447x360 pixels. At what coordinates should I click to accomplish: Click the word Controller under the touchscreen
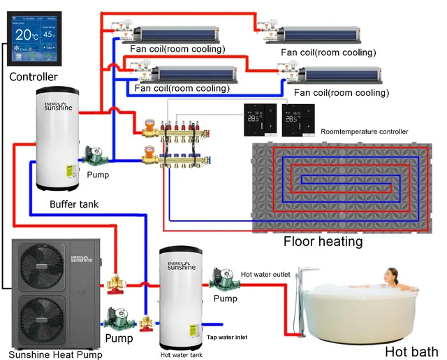pos(34,76)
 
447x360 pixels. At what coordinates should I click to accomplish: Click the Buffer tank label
pos(74,204)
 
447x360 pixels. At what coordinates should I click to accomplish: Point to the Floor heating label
pos(323,242)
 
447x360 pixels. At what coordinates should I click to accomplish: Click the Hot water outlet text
pos(265,275)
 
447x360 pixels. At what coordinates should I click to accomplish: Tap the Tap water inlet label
pos(226,337)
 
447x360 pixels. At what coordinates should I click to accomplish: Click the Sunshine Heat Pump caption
pos(55,354)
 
